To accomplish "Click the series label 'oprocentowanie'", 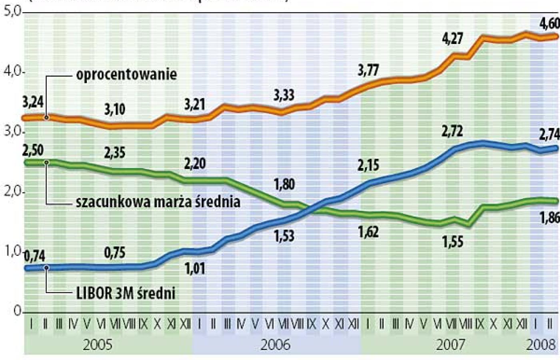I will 126,74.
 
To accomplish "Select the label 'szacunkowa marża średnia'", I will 158,202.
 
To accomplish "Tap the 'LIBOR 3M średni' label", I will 126,293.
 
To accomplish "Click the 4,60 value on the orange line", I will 550,24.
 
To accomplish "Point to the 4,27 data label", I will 452,38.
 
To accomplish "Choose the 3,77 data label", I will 368,70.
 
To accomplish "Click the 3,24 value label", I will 33,102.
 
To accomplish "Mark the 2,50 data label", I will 33,150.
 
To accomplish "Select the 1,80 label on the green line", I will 284,184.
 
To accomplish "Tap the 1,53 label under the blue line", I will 284,236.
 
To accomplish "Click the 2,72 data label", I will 452,131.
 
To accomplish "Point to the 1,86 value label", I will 550,218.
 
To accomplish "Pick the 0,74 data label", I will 34,256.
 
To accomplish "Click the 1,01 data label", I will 195,268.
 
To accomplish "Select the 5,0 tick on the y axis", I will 12,11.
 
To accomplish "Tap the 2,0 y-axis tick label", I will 12,191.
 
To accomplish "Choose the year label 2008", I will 541,344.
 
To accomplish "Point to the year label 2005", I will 98,344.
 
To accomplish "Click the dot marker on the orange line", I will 46,118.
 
